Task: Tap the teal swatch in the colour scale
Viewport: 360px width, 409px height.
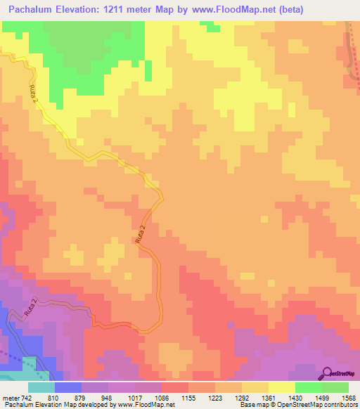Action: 41,387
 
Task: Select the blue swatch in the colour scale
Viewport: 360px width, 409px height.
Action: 67,387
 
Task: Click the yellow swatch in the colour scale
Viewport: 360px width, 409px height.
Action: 281,387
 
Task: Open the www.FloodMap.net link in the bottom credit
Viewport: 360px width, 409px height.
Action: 145,404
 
